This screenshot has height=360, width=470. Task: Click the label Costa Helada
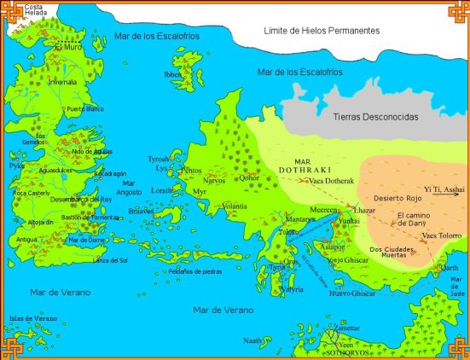click(38, 11)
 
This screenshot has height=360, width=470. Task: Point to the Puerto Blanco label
click(84, 109)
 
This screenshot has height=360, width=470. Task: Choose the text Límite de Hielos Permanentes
click(322, 30)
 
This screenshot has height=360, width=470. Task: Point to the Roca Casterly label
click(33, 194)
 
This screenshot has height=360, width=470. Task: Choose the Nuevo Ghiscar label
click(351, 293)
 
